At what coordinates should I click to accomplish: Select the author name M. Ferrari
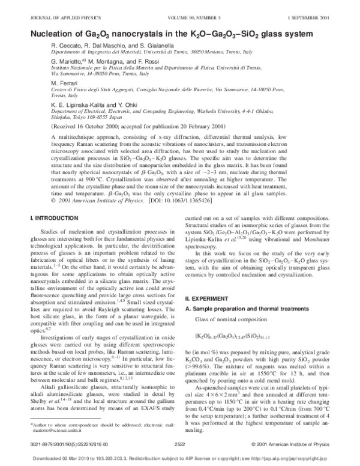pos(63,83)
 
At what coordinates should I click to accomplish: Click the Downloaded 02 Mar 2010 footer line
pos(179,459)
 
